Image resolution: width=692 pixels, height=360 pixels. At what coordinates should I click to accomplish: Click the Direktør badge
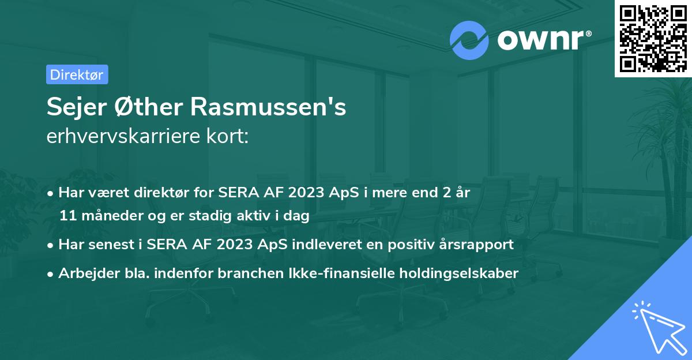(77, 74)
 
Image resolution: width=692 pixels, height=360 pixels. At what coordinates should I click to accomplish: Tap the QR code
(653, 38)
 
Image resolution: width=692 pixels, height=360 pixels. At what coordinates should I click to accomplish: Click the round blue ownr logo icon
(469, 40)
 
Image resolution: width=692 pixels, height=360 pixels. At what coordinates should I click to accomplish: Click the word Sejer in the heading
(71, 108)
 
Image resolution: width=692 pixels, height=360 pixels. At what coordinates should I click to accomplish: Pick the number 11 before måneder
(67, 216)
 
